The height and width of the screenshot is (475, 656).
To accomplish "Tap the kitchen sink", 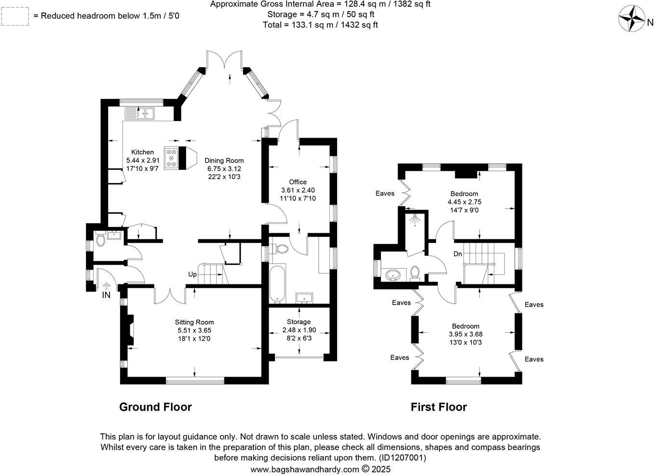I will (x=139, y=113).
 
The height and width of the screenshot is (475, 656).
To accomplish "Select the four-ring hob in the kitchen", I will (x=171, y=158).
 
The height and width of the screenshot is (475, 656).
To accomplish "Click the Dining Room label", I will (x=224, y=161).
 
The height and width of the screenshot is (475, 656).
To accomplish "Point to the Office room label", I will (x=298, y=182).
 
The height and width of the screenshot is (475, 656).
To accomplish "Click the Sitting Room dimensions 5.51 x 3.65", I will (x=194, y=331).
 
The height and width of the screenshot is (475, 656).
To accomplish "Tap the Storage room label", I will (x=299, y=322).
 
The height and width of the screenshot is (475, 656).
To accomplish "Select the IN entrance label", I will (x=106, y=295).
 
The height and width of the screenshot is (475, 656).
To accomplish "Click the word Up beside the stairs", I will (x=192, y=274).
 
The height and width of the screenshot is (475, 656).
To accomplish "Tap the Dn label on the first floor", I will (x=458, y=254).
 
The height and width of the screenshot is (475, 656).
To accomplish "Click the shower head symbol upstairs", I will (x=414, y=220).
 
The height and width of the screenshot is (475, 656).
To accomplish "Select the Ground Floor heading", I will (x=155, y=407).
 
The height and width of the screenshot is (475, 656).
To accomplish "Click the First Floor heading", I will (x=438, y=407).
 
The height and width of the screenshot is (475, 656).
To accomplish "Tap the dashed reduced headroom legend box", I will (x=14, y=16).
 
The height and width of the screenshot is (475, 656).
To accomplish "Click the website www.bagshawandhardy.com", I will (x=304, y=469).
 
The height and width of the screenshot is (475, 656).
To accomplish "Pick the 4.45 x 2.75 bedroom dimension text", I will (x=465, y=202).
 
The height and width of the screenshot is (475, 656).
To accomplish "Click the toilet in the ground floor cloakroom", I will (x=100, y=240).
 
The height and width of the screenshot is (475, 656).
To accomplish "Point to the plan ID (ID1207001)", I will (x=402, y=458).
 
